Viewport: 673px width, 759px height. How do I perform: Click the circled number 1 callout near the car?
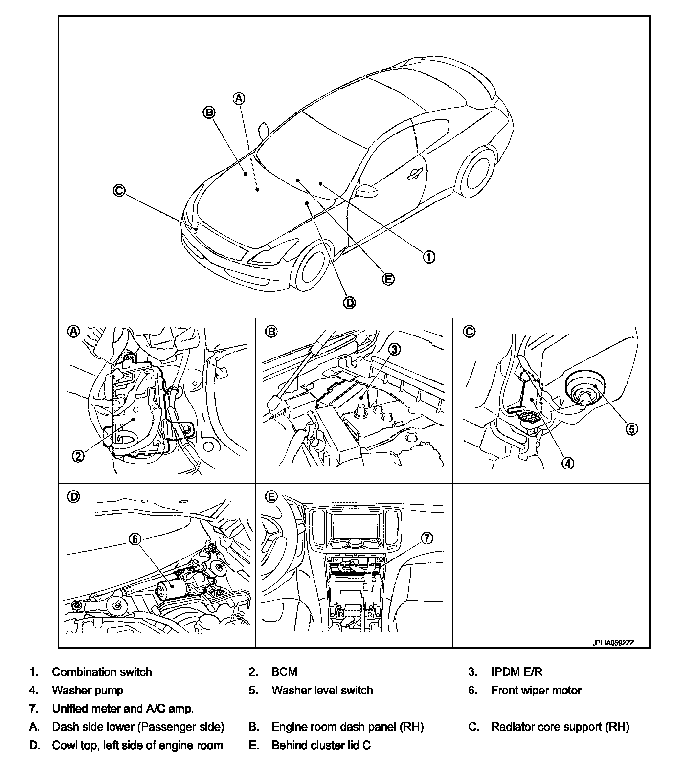pos(428,256)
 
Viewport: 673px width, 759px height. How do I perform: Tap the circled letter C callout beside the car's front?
pos(119,190)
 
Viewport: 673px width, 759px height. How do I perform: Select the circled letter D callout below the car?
pos(350,303)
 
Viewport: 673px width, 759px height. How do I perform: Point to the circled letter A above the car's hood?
pos(238,98)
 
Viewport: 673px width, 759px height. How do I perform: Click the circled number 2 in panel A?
pos(78,455)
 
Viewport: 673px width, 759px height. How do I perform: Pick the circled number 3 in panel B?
pos(394,349)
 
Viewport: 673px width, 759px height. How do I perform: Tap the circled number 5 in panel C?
pos(631,429)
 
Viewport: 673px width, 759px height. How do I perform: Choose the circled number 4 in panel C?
pos(567,463)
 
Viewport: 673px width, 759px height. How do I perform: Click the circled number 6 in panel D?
pos(135,538)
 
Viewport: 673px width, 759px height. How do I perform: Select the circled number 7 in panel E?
pos(426,538)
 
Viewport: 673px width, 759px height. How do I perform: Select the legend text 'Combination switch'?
pos(102,672)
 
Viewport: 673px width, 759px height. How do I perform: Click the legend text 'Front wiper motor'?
pos(536,690)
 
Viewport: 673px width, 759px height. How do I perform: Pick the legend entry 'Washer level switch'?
pos(322,690)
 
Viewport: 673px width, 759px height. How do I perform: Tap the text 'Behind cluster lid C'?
pos(321,745)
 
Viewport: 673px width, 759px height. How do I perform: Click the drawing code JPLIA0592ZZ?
pos(613,643)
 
